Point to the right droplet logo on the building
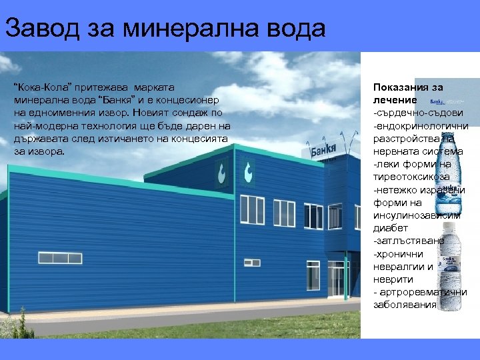(x=249, y=172)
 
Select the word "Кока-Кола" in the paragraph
(x=38, y=87)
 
